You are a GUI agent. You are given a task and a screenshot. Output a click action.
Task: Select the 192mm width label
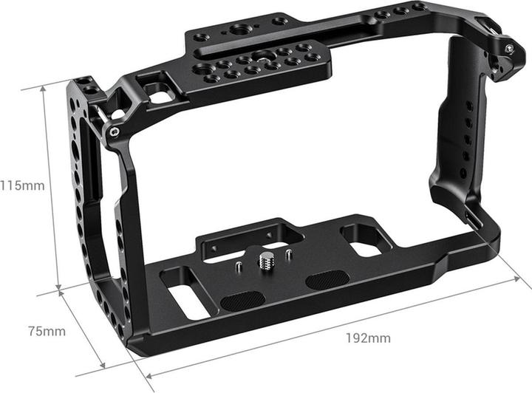coord(367,339)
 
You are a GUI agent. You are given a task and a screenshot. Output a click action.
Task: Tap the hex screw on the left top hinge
coord(113,131)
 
